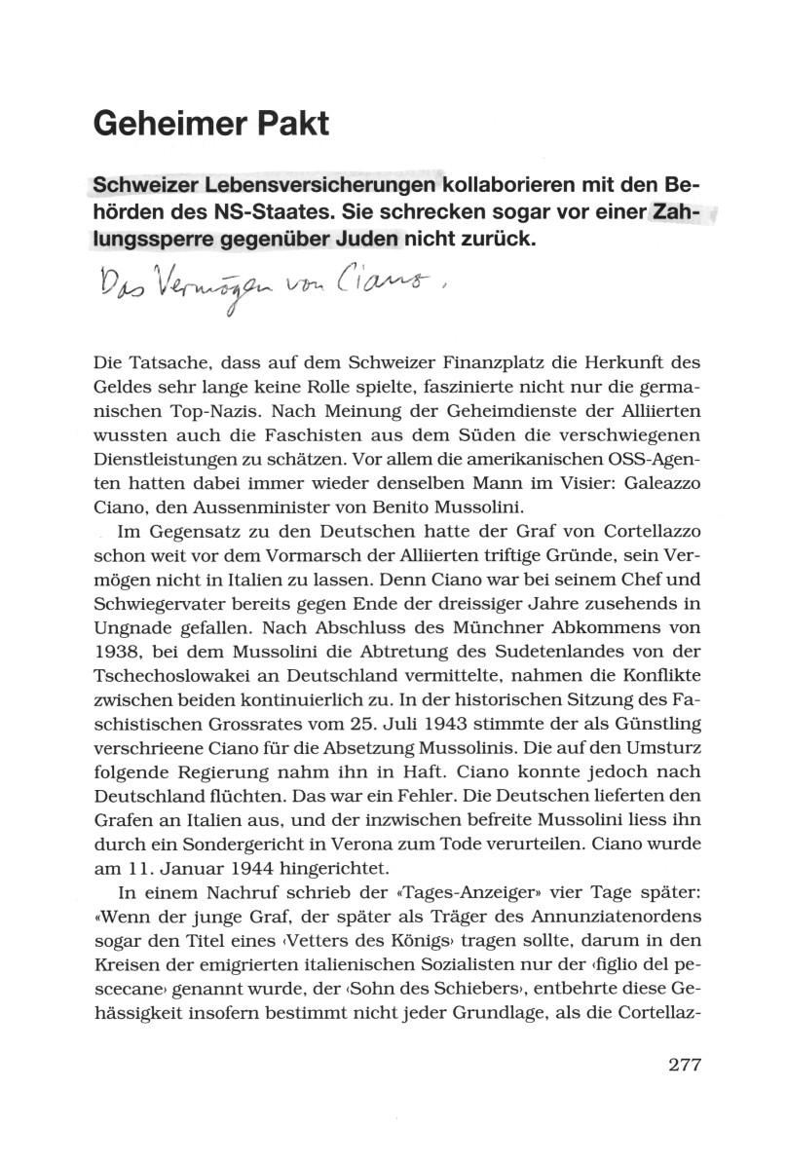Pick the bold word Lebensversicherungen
point(322,185)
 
